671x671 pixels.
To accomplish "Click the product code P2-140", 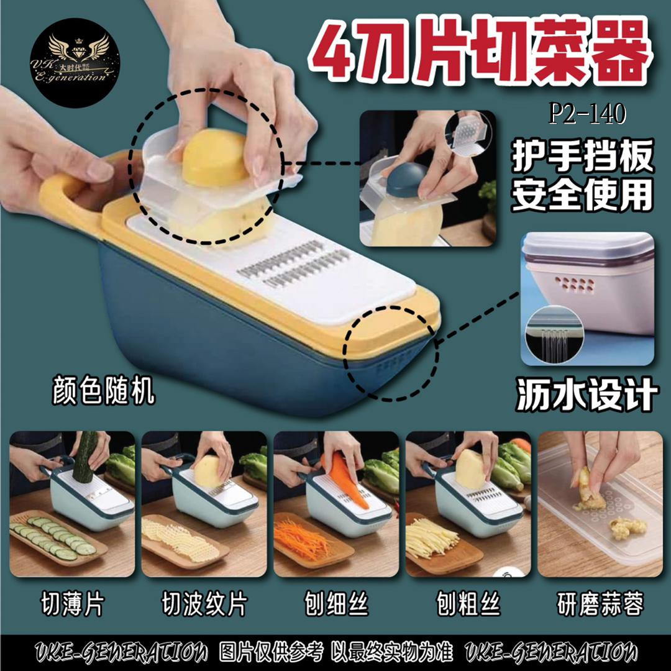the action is (x=588, y=114).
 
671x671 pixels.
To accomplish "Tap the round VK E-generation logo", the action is (x=75, y=63).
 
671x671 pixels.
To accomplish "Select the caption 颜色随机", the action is (x=103, y=390).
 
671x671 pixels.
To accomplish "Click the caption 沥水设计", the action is (x=587, y=394).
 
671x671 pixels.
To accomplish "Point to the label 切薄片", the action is (x=72, y=604).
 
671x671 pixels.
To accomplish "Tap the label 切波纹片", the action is (x=204, y=604).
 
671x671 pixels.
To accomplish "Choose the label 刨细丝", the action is (x=336, y=604).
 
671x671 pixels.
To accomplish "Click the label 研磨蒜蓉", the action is (x=600, y=604).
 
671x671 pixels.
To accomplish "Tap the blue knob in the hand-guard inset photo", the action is (x=407, y=180).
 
